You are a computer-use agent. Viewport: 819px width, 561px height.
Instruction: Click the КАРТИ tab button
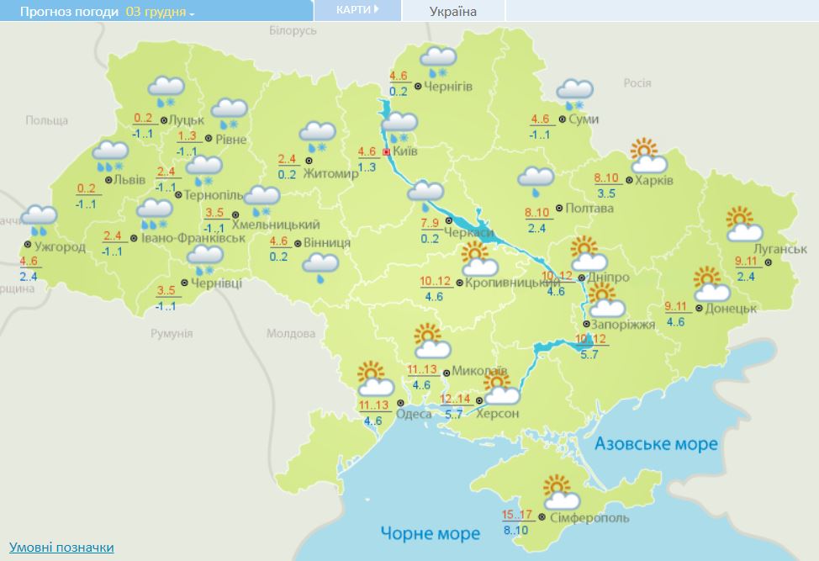pos(357,10)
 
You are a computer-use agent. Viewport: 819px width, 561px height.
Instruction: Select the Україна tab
pos(452,12)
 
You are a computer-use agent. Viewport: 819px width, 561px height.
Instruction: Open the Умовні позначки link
pos(61,548)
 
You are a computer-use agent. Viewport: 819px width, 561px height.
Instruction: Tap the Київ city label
pos(405,151)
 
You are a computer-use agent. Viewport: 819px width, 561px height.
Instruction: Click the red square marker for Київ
pos(386,152)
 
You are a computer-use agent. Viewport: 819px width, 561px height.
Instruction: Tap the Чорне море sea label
pos(430,533)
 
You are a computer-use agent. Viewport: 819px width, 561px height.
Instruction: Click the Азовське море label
pos(656,443)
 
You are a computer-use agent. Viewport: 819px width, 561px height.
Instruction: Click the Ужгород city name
pos(60,246)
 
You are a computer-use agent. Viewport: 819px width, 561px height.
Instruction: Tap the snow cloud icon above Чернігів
pos(437,61)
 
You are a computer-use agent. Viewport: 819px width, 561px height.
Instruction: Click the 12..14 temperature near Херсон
pos(455,399)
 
